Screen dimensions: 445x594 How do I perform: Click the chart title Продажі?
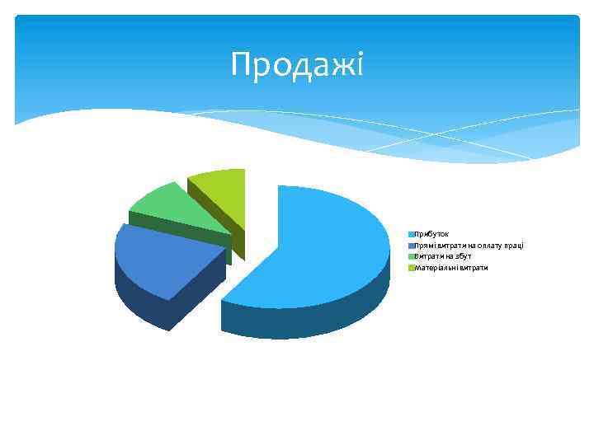coord(297,63)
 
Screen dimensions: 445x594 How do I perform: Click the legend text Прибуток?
coord(431,235)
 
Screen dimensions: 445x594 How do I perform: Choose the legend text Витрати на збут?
coord(443,256)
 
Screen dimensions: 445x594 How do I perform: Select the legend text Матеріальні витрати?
coord(451,268)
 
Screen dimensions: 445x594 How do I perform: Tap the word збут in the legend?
coord(463,256)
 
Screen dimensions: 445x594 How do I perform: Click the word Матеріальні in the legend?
coord(436,268)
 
